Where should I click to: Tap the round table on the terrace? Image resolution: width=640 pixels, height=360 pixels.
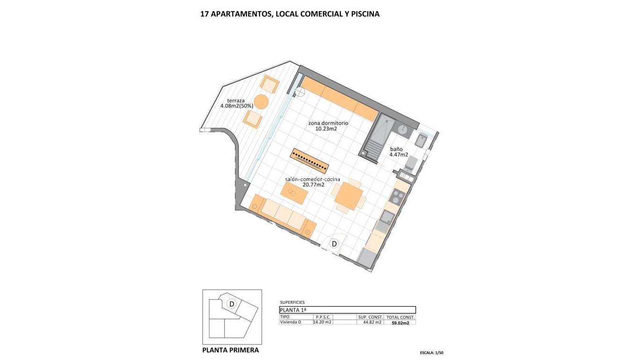[x=261, y=101]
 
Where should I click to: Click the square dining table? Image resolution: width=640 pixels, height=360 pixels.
[x=349, y=196]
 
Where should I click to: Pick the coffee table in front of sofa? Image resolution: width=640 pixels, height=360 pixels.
[x=293, y=193]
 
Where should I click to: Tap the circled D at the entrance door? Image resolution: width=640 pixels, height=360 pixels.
[x=334, y=244]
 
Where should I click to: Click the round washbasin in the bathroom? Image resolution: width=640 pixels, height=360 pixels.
[x=402, y=129]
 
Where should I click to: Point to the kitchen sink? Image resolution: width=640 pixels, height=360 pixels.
[x=387, y=217]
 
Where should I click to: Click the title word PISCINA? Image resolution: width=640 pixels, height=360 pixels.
[x=365, y=14]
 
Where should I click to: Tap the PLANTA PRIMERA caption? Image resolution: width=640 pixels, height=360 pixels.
[x=231, y=350]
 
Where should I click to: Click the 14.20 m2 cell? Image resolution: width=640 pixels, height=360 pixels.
[x=322, y=322]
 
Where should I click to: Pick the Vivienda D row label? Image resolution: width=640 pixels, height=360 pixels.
[x=290, y=322]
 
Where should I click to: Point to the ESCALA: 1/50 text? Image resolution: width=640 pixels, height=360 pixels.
[x=432, y=352]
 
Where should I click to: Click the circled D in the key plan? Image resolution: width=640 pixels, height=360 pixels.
[x=231, y=304]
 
